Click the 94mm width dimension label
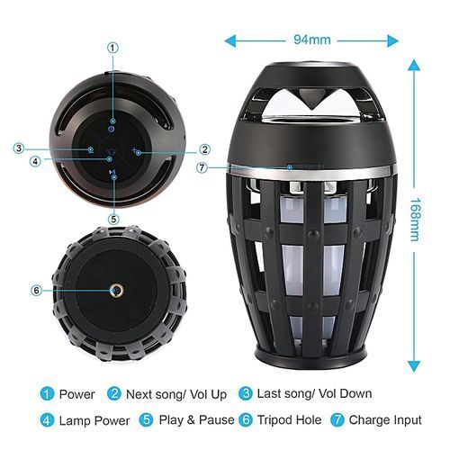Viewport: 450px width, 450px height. click(x=312, y=40)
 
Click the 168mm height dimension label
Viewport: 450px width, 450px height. click(x=416, y=220)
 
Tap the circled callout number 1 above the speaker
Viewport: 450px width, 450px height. click(x=112, y=48)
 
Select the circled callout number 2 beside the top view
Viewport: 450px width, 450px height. click(x=205, y=149)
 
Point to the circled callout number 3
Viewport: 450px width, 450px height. click(x=19, y=148)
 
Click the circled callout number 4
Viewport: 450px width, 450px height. click(x=35, y=161)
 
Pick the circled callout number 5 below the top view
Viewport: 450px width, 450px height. click(x=113, y=220)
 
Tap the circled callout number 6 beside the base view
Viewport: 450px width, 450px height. click(x=37, y=291)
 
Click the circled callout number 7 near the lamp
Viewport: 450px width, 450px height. click(x=202, y=167)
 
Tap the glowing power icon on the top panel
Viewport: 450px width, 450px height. click(x=112, y=130)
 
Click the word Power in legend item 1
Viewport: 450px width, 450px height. click(x=77, y=394)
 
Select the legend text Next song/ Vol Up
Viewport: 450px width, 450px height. click(x=176, y=395)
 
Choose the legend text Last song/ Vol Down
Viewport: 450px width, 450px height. click(x=315, y=393)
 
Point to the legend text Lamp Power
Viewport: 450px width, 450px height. click(x=94, y=420)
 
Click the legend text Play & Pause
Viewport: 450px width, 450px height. click(x=196, y=420)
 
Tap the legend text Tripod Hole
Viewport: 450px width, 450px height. click(x=290, y=420)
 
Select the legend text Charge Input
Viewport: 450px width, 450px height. click(x=385, y=420)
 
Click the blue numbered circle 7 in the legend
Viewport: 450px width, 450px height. click(x=337, y=420)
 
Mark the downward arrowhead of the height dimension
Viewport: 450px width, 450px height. click(x=414, y=366)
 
